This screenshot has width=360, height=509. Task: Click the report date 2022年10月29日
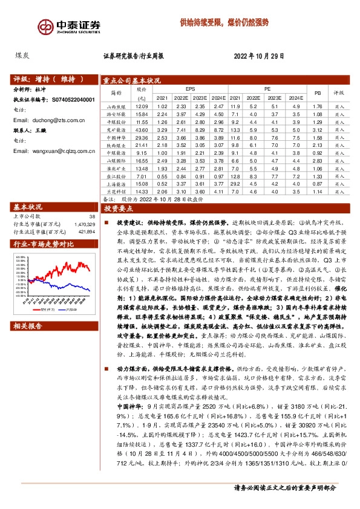pos(258,56)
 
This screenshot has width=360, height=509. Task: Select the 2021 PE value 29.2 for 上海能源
pos(237,183)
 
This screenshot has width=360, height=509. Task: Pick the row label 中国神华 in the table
pos(113,138)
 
